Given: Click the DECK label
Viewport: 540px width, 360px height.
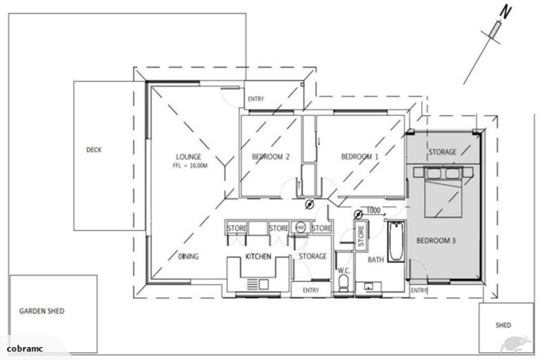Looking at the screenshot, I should point(94,150).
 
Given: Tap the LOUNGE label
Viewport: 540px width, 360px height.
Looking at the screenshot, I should point(189,157).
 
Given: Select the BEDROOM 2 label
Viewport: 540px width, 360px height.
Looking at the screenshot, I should point(271,157).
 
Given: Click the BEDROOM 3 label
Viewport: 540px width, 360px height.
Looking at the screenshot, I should point(436,240).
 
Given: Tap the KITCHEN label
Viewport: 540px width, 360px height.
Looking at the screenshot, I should point(258,257).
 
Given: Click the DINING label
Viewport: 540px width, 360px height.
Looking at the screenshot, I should point(188,257).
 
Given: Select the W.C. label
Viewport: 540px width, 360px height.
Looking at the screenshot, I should point(344,270).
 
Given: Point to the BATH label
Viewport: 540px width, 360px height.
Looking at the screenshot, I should point(375,260).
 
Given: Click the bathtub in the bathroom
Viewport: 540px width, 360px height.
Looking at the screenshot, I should point(394,243).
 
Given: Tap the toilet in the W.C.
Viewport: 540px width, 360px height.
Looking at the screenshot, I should point(344,283).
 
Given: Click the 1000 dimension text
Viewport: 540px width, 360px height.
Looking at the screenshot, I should point(373,211).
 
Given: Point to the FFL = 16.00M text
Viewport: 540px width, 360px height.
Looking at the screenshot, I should point(190,167).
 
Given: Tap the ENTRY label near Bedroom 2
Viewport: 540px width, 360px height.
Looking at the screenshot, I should point(255,99).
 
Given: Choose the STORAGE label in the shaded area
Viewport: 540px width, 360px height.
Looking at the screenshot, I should point(443,152).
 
